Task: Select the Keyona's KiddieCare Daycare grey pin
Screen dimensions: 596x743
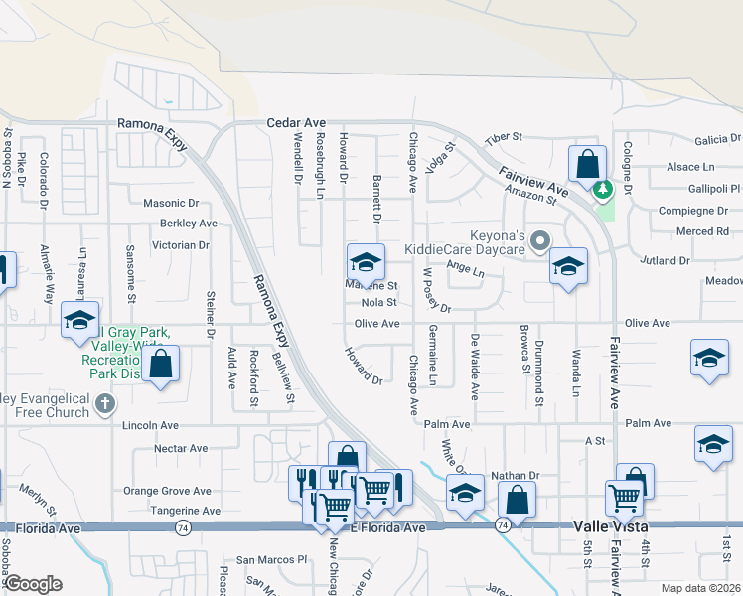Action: tap(540, 240)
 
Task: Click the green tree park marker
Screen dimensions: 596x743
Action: tap(601, 188)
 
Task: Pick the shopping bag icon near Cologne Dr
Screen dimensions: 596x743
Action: tap(587, 162)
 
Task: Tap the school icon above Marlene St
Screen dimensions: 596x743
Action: tap(366, 262)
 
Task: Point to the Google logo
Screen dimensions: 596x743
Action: tap(33, 584)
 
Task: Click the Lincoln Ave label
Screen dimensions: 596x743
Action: tap(150, 425)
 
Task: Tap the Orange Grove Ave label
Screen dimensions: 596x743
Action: tap(167, 491)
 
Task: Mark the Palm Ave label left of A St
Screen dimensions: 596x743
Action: tap(446, 424)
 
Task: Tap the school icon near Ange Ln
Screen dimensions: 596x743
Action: tap(568, 265)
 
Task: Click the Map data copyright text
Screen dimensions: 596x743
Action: tap(701, 588)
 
